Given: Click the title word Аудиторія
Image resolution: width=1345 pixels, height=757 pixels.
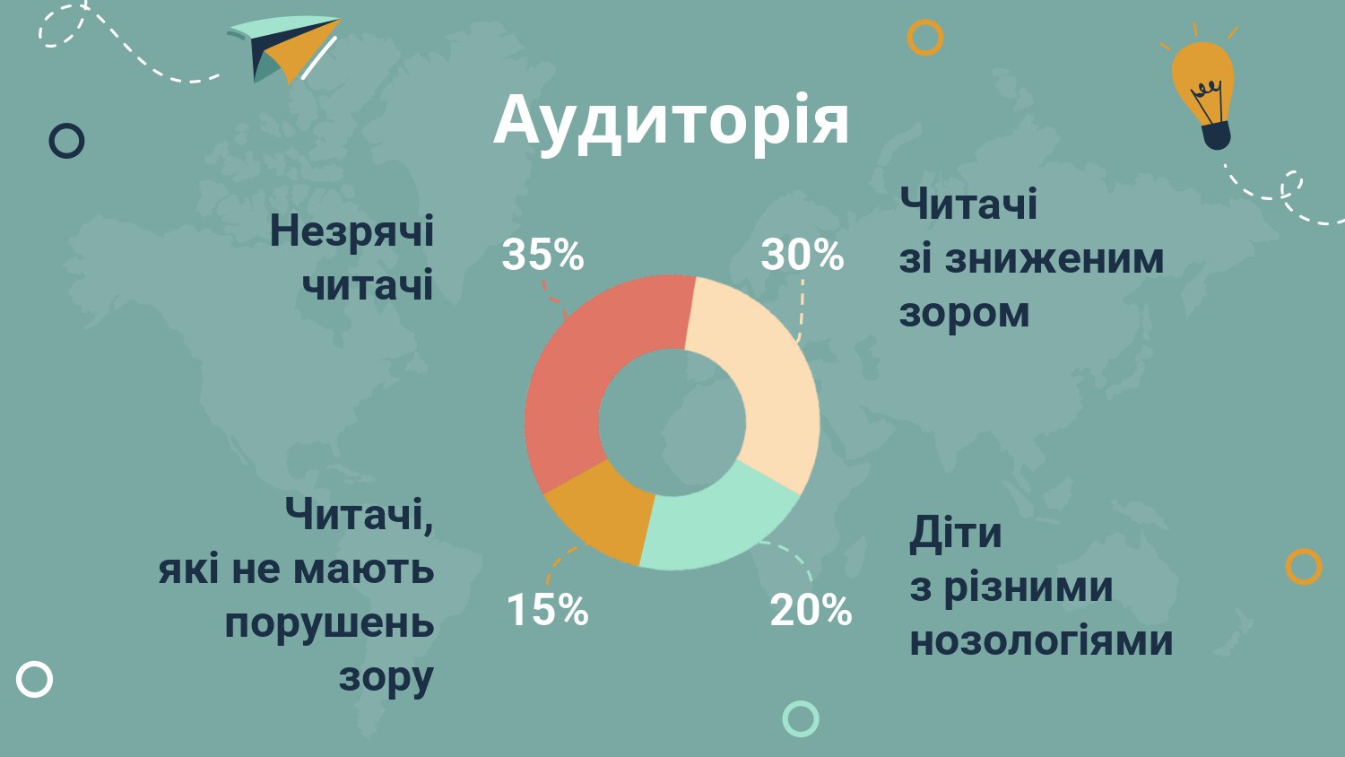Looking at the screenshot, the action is coord(672,122).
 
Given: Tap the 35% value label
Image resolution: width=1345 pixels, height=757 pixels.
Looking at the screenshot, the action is coord(542,254).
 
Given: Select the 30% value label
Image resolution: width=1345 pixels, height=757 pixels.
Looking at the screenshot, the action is coord(803,254).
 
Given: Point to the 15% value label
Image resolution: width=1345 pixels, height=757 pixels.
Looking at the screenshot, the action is coord(548,610).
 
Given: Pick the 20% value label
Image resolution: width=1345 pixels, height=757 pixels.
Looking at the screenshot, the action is coord(811,610).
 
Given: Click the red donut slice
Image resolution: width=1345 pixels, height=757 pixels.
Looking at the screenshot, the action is coord(570,385).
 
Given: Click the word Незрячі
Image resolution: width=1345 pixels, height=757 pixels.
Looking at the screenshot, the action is coord(351,232).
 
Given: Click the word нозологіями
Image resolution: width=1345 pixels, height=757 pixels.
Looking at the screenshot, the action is coord(1041,640).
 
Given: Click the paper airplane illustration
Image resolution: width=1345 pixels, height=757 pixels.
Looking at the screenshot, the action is coord(284,49).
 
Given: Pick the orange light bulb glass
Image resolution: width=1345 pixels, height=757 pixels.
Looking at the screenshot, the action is coord(1202,84).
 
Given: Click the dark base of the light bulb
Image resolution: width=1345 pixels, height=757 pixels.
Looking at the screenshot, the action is coord(1217,136).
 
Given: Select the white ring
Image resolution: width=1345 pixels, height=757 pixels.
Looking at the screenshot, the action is coord(19,680).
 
